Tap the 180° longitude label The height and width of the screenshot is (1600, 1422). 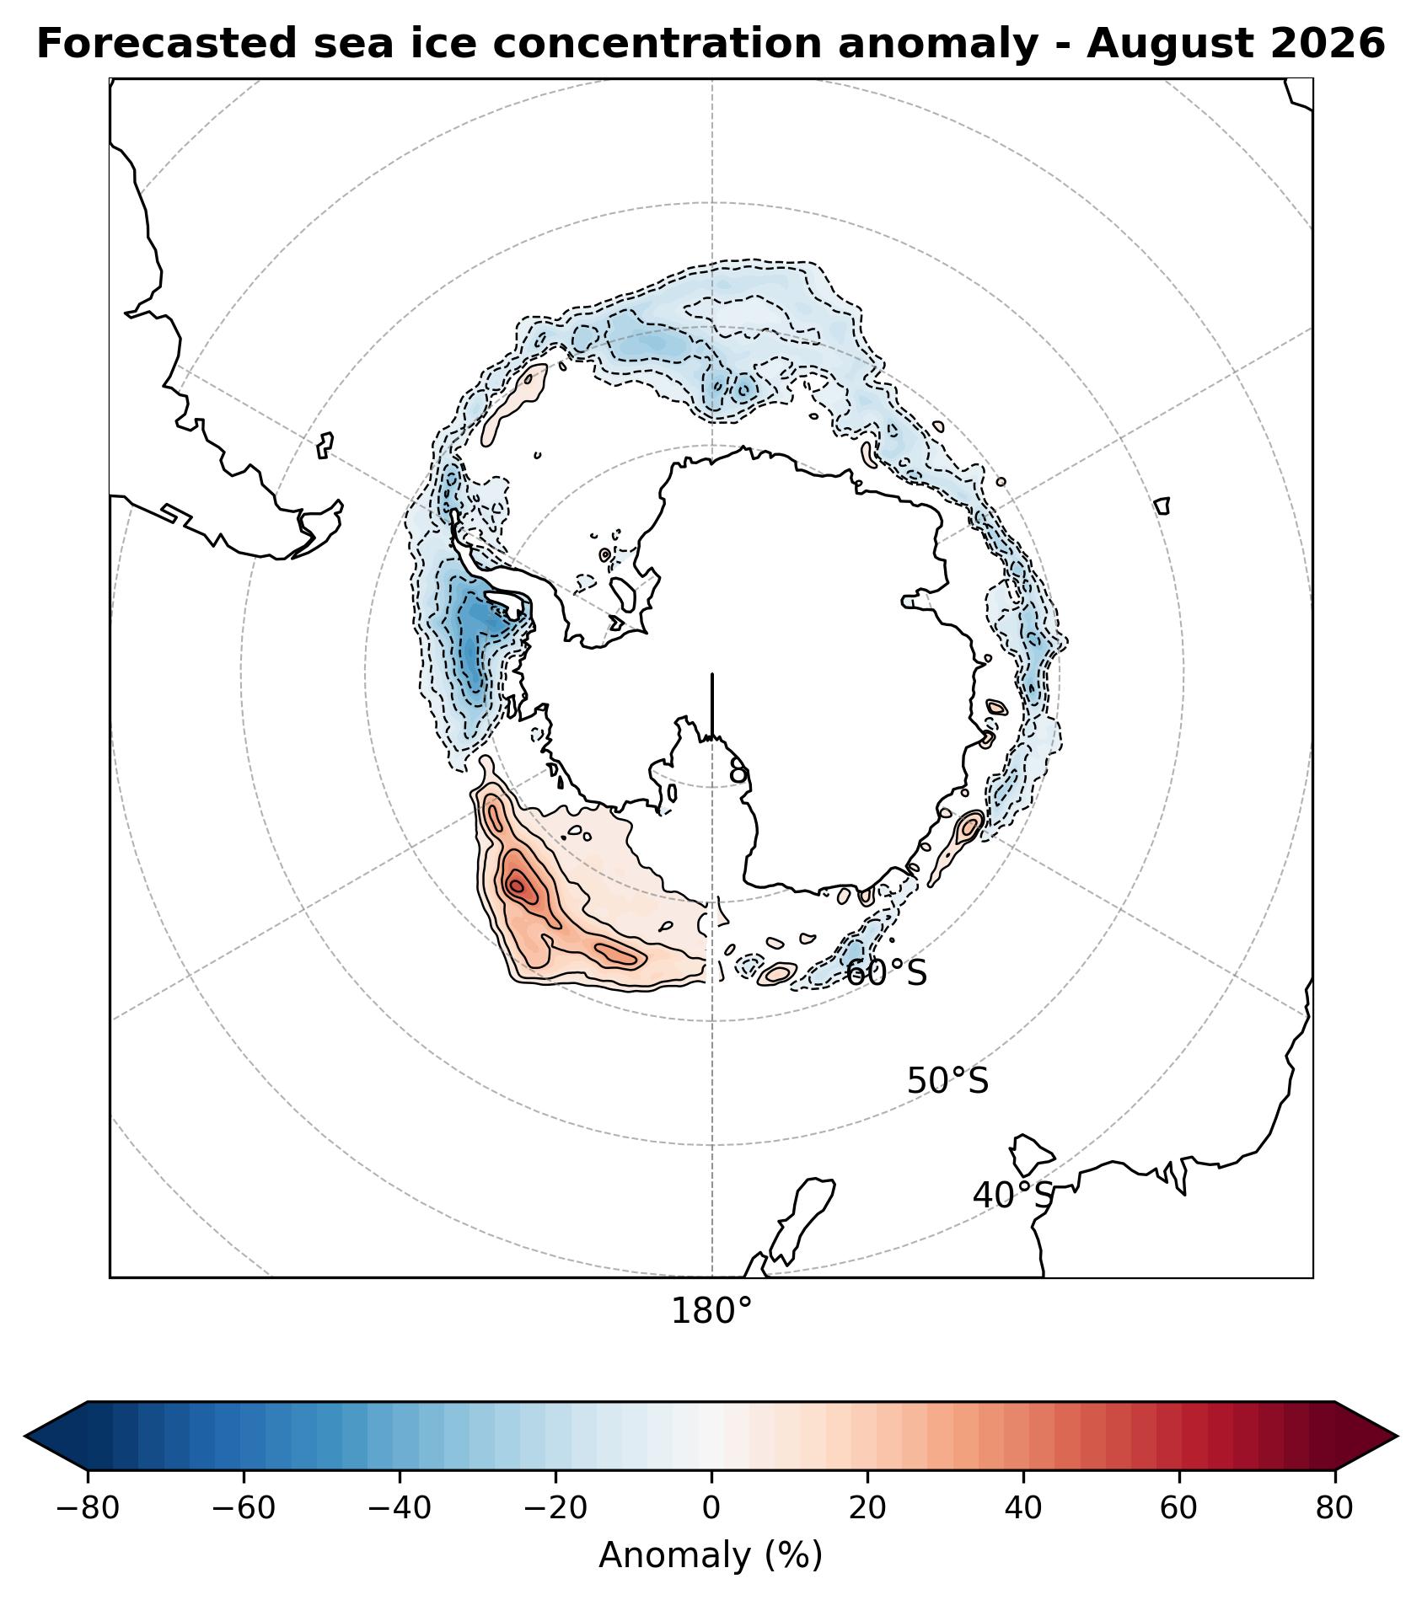pos(711,1312)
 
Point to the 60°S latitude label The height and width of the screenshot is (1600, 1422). pos(886,973)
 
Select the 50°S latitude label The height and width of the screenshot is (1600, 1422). pos(947,1081)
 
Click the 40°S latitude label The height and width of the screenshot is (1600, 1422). pos(1013,1195)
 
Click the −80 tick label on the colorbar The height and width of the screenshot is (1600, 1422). pos(87,1508)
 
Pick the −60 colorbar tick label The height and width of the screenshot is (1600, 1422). pos(244,1508)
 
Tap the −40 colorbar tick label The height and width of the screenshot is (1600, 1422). pos(400,1508)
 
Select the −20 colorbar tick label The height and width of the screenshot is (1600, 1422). pos(555,1508)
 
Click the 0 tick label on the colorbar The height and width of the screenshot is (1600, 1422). pos(711,1508)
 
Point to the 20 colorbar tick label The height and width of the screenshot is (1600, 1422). pos(867,1508)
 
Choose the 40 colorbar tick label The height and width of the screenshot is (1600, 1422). pos(1023,1508)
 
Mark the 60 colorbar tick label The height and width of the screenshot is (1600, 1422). pos(1178,1508)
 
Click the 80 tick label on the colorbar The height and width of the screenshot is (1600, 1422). pos(1334,1508)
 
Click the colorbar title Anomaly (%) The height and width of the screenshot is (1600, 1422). pos(711,1555)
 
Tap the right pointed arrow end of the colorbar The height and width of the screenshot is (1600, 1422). pos(1396,1437)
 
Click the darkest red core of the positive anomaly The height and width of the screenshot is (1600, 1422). pos(516,885)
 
